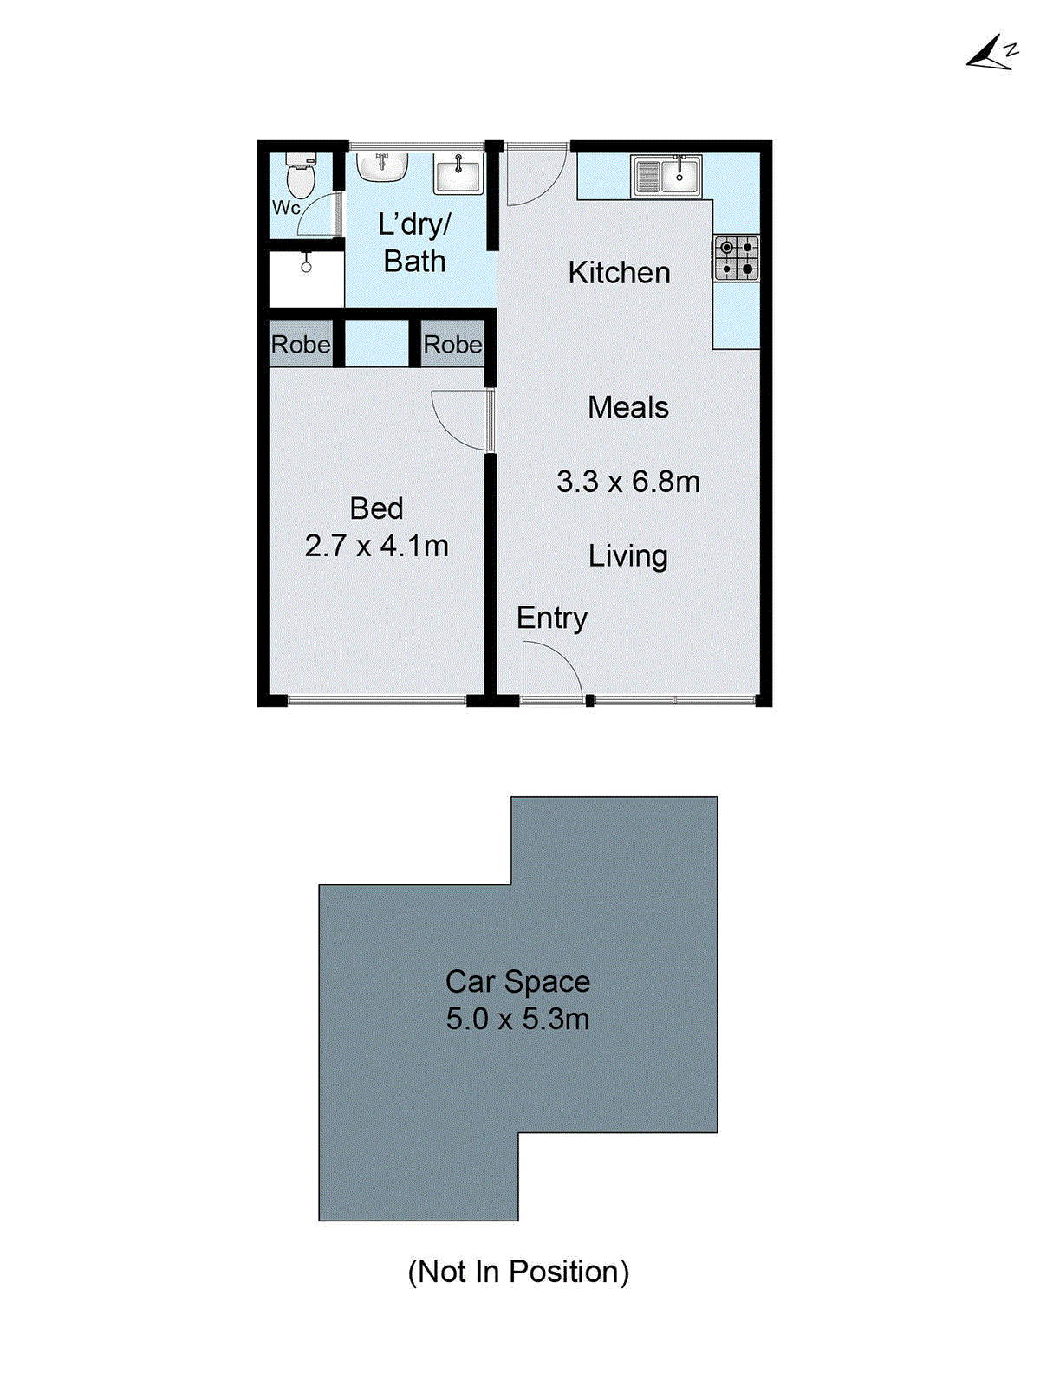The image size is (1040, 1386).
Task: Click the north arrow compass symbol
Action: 991,55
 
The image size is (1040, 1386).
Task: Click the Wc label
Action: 286,208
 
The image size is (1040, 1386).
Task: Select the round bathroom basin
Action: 382,167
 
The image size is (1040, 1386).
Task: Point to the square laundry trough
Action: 458,173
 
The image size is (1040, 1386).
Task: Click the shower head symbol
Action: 306,262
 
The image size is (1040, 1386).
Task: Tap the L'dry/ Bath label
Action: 414,243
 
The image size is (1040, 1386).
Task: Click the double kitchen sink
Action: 666,176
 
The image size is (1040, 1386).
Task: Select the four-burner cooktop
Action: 737,258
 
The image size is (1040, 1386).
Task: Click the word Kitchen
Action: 619,273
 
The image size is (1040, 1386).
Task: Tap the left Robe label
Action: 300,345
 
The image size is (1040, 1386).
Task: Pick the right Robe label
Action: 452,345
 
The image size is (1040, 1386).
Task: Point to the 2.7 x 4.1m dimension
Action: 376,546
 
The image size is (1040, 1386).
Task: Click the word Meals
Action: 627,407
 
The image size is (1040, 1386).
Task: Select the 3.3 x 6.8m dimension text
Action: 627,482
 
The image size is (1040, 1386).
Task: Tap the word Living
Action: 627,556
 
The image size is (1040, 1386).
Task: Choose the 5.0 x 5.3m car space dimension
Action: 517,1019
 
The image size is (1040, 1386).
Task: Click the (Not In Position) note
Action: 518,1272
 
